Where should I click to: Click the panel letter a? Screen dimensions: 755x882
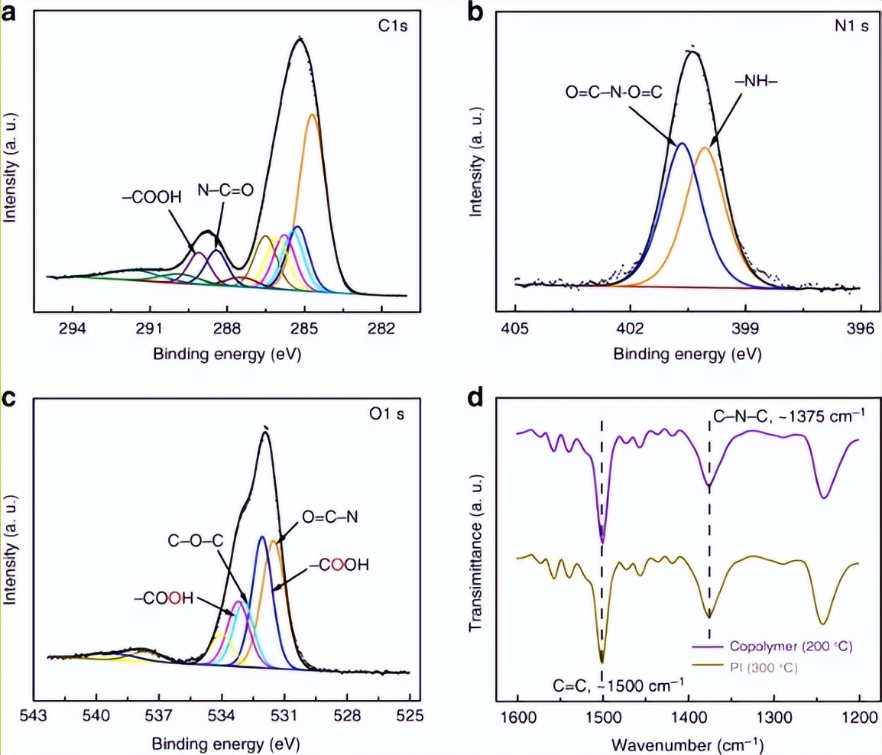coord(10,14)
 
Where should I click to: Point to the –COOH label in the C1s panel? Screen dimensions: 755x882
coord(151,196)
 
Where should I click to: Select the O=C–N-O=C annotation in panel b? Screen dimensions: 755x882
coord(613,92)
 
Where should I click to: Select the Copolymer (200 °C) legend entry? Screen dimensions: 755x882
coord(790,647)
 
